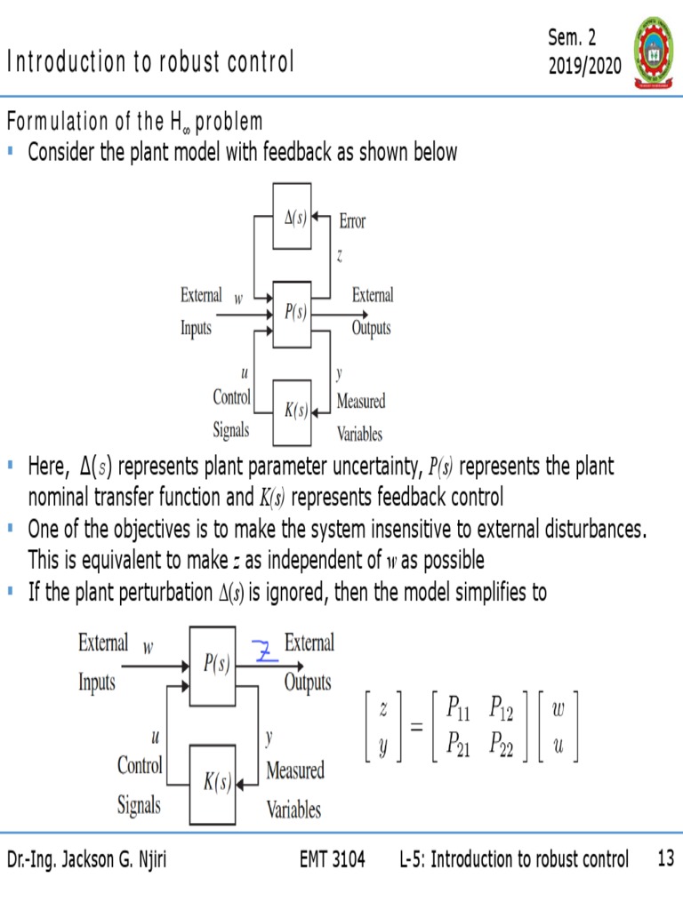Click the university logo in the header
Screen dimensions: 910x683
(652, 51)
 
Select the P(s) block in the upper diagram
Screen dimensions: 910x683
(291, 314)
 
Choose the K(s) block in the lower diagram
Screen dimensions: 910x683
(213, 783)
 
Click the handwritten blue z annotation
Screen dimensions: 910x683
(264, 652)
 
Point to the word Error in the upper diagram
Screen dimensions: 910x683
(351, 221)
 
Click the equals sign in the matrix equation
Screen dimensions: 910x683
(416, 727)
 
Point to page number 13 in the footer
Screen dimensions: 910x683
(665, 859)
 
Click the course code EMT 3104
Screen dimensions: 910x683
(333, 859)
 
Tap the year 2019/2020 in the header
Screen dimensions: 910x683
(584, 66)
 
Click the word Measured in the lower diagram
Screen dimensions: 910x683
(295, 770)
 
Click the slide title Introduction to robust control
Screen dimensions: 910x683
(150, 62)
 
